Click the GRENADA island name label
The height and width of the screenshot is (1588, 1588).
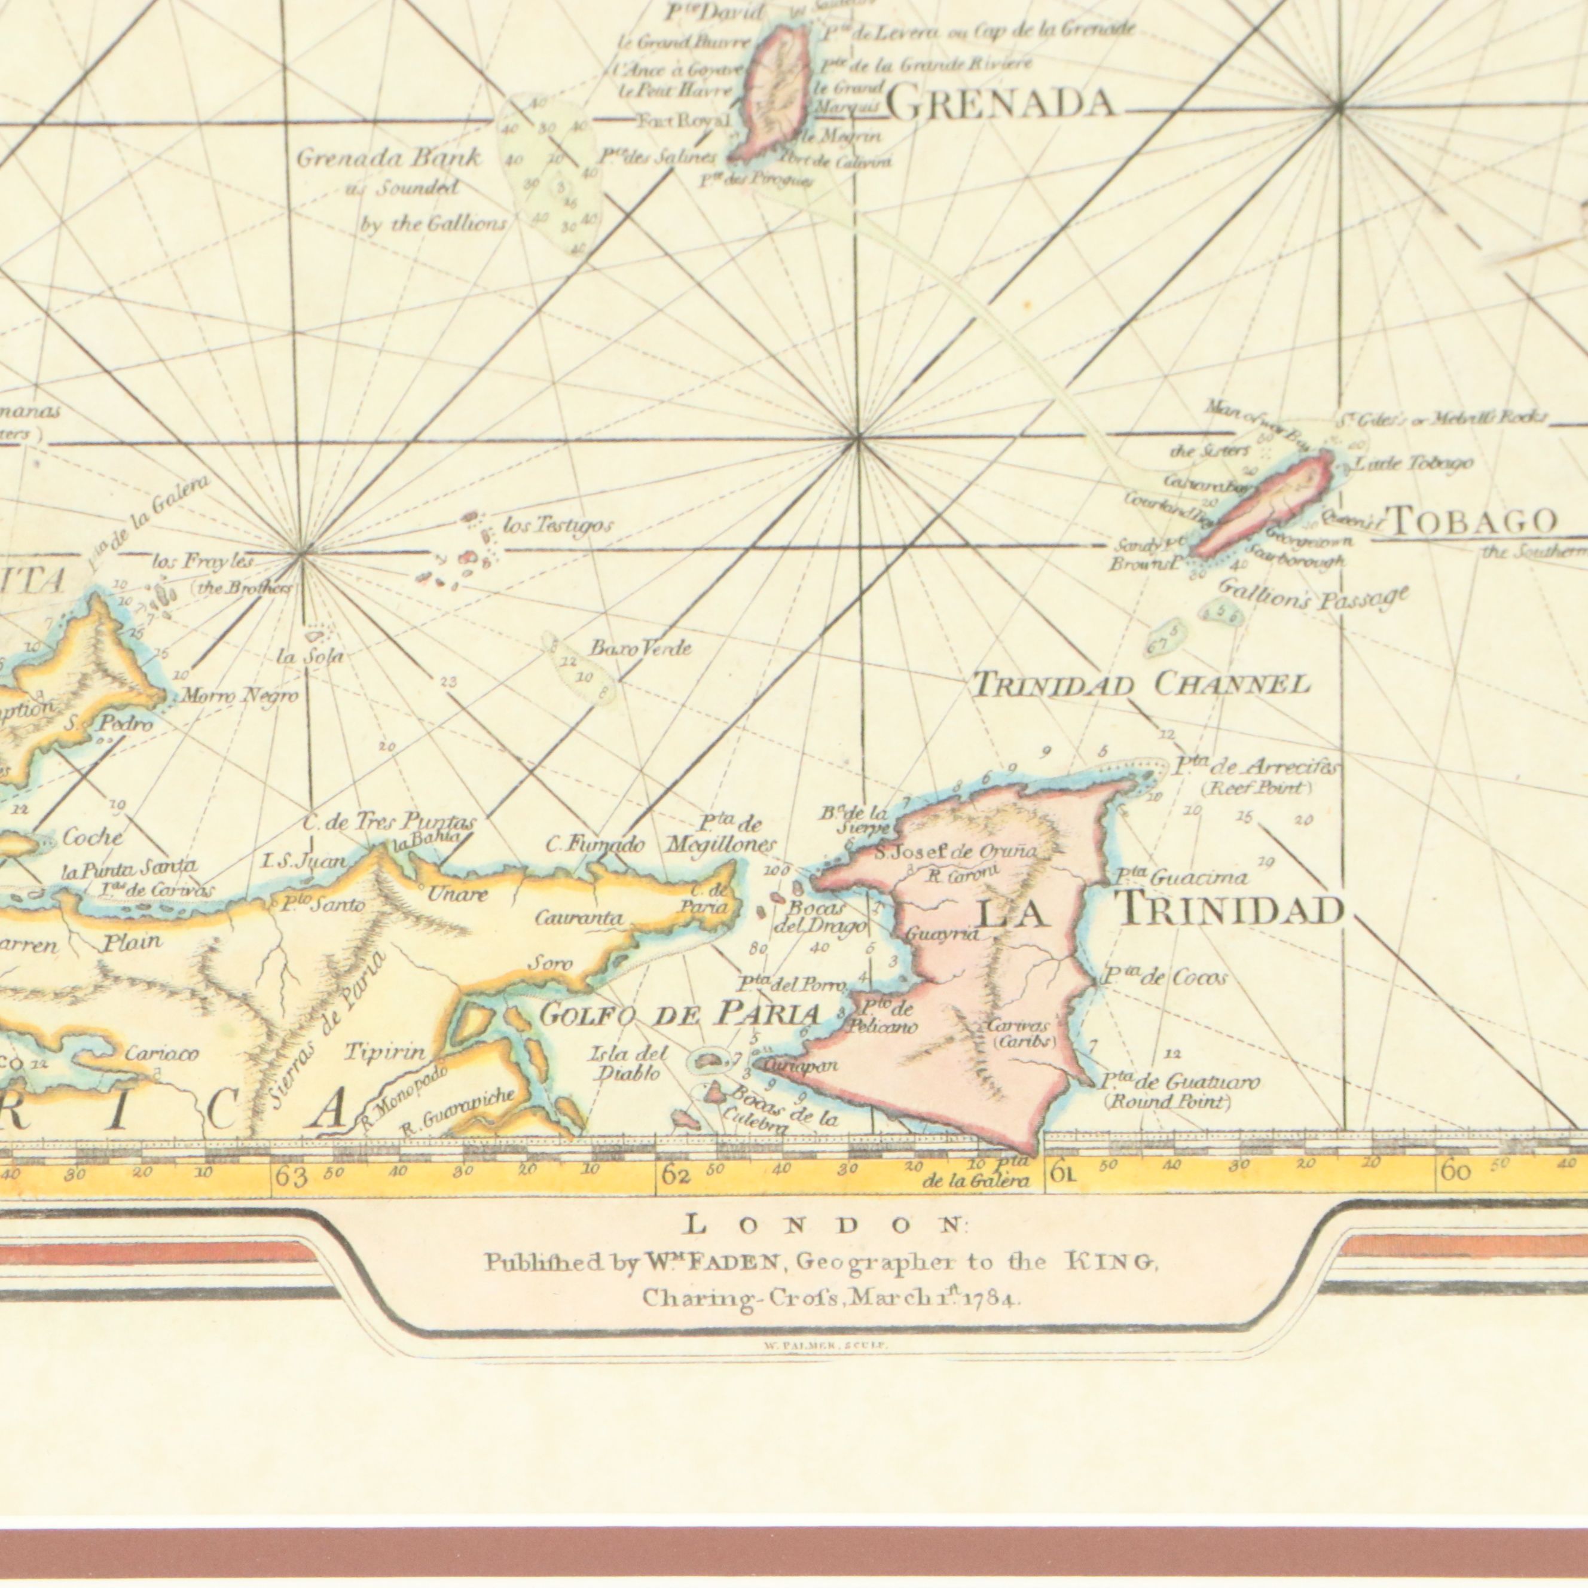tap(1000, 105)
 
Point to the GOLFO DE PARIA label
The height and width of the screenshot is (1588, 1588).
tap(680, 1016)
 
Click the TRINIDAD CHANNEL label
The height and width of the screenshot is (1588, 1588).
tap(1140, 684)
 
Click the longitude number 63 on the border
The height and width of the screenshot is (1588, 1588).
tap(291, 1177)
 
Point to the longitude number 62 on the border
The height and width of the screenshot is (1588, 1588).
tap(676, 1176)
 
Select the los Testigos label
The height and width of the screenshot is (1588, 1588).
tap(557, 526)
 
